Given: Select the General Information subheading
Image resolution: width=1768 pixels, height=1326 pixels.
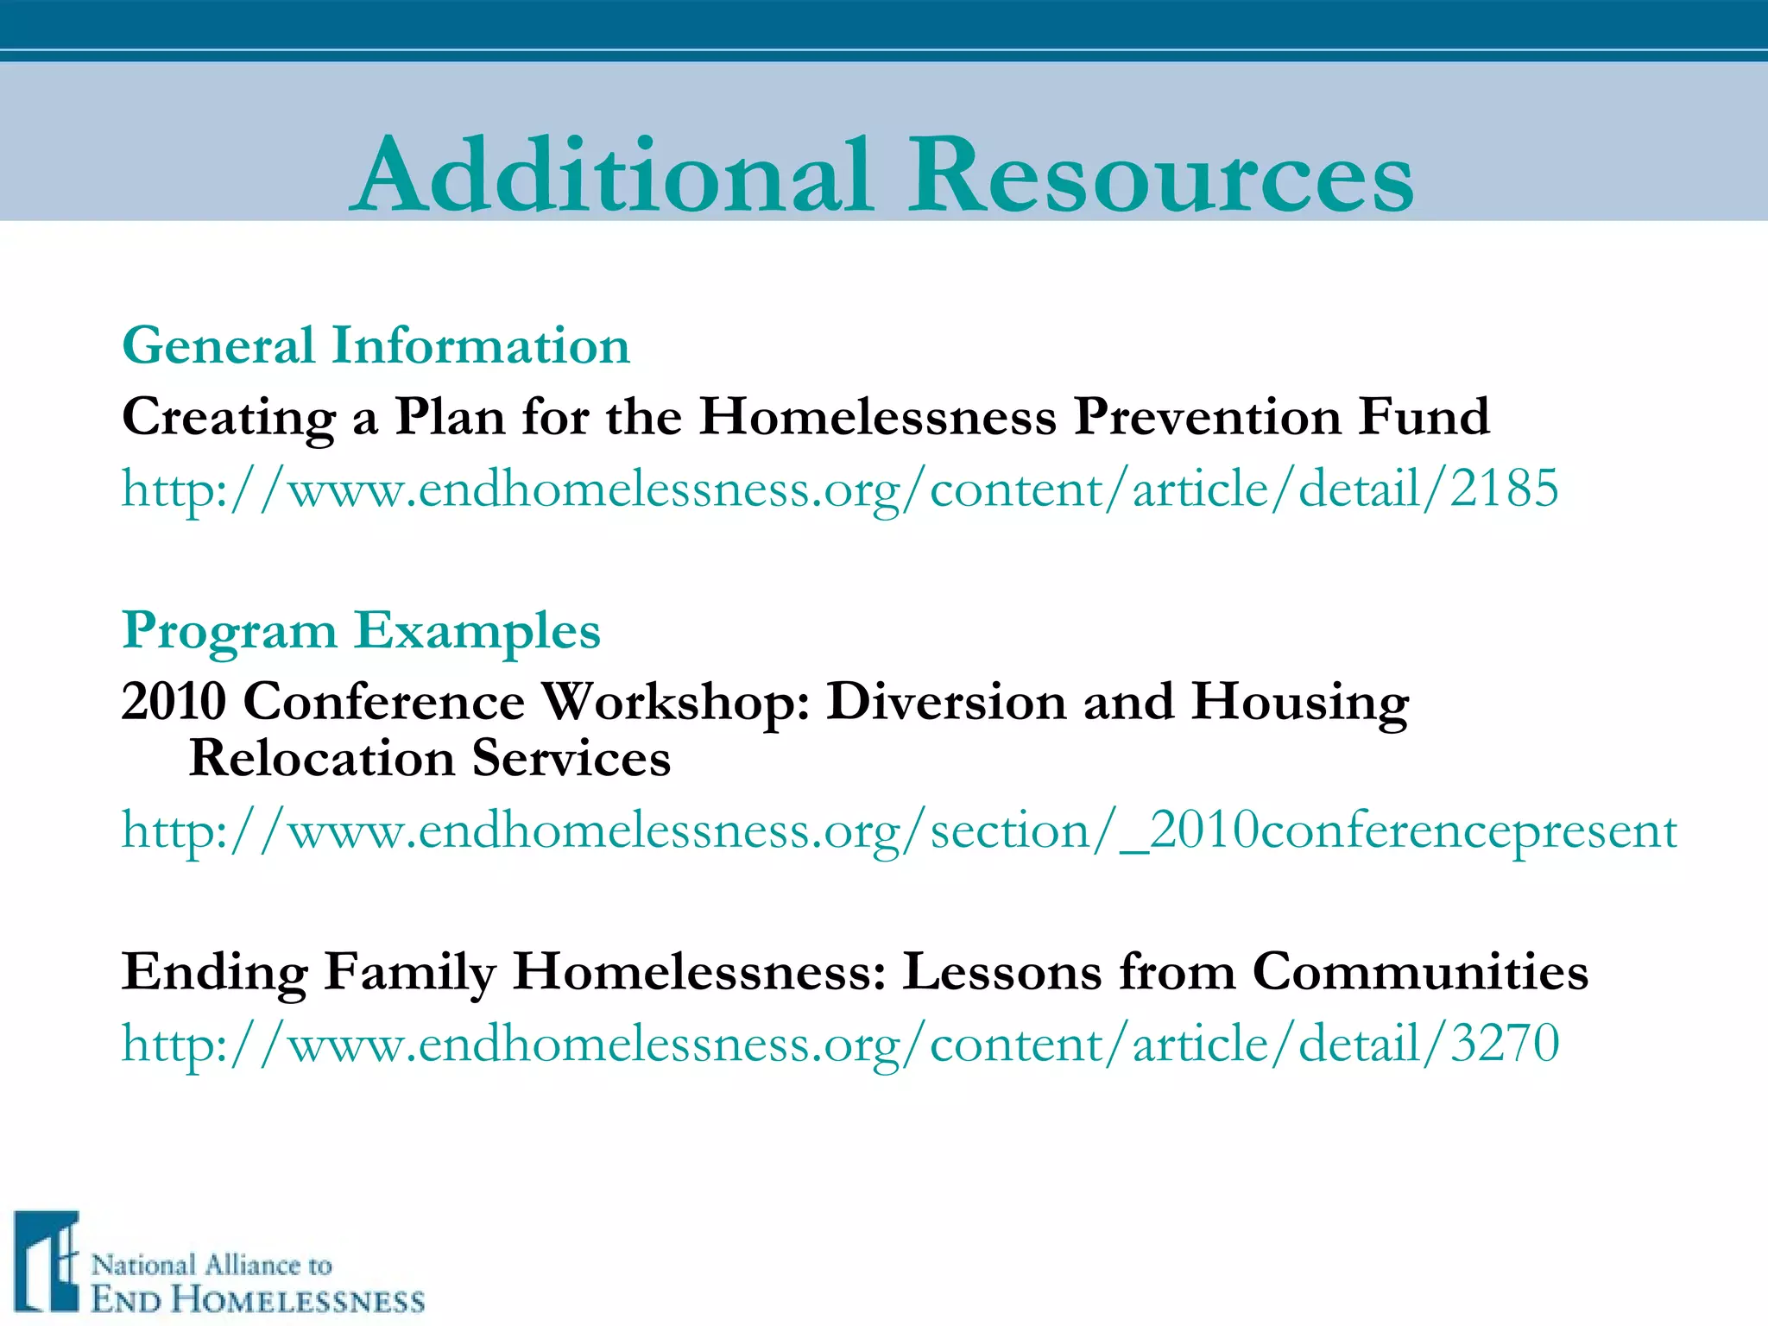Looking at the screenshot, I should tap(376, 346).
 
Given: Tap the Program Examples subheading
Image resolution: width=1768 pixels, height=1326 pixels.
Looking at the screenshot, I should tap(361, 631).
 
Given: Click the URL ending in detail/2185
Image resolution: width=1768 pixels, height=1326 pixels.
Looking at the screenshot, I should tap(840, 489).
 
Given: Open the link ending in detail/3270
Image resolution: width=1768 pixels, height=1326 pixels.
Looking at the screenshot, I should tap(840, 1044).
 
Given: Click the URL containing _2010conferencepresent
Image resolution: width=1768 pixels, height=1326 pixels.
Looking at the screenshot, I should tap(899, 831).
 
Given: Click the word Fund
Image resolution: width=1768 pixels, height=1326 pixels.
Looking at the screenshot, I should tap(1424, 417).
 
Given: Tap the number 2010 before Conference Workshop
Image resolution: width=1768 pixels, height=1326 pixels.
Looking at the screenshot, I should tap(174, 701).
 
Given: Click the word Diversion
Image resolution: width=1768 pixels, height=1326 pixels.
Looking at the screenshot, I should tap(946, 701).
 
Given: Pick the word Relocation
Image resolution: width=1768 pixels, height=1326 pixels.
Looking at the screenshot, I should tap(321, 759).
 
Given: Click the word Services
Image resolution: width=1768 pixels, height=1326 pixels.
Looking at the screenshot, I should tap(571, 759).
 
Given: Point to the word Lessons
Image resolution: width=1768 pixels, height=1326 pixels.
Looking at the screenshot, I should tap(1001, 972).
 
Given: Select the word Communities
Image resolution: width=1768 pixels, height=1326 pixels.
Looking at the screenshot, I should tap(1420, 972).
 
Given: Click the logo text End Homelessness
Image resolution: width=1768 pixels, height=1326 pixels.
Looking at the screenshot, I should tap(258, 1300).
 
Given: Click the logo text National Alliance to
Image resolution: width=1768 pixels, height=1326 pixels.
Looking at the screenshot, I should tap(212, 1266).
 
